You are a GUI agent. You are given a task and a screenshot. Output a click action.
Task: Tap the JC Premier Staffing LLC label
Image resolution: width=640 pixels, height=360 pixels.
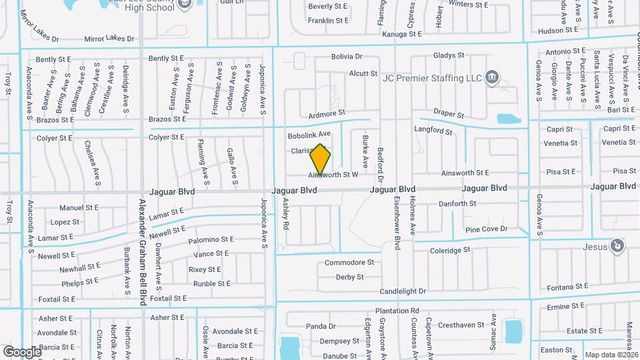click(x=431, y=78)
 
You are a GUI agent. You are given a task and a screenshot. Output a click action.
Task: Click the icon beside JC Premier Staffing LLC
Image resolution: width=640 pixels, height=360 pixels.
click(x=492, y=77)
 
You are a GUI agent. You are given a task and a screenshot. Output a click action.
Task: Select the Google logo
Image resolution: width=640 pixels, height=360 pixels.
click(x=22, y=351)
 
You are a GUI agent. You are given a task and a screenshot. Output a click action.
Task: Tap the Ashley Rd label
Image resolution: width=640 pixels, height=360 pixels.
click(x=286, y=213)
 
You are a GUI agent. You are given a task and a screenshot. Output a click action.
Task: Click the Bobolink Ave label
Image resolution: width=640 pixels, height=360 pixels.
click(x=309, y=135)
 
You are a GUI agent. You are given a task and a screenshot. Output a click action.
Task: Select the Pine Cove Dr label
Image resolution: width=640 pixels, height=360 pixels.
click(x=486, y=229)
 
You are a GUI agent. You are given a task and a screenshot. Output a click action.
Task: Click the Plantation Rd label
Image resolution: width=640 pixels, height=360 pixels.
click(x=397, y=311)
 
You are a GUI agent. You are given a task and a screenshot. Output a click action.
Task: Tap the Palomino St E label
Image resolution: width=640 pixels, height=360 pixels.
click(x=211, y=239)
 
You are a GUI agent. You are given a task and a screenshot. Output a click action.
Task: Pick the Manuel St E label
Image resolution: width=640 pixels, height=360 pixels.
click(x=79, y=208)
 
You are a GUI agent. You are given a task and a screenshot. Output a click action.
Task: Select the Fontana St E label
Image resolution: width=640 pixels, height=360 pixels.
click(x=567, y=286)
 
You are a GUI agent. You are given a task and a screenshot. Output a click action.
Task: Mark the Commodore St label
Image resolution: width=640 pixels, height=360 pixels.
click(x=349, y=263)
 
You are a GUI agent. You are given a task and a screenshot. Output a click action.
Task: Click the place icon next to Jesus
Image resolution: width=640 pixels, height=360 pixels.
click(x=618, y=247)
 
